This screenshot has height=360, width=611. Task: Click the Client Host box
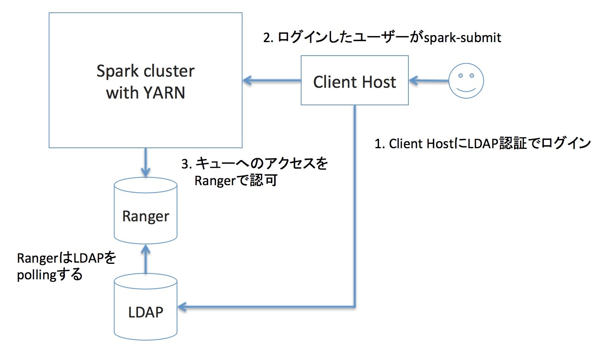coord(354,81)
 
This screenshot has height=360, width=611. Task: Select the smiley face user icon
coord(466,81)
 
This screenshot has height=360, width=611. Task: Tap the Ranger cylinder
coord(145,211)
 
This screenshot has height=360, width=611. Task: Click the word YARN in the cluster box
coord(164,93)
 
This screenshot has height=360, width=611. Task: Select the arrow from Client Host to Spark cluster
coord(272,81)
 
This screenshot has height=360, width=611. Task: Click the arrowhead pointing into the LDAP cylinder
coord(182,307)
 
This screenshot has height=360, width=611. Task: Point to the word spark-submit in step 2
coord(462,38)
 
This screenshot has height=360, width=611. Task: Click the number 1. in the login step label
coord(379,144)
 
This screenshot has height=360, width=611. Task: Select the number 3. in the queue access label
coord(186,164)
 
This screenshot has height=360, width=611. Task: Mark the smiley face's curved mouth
coord(466,90)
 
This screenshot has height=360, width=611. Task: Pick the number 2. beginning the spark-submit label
coord(268,38)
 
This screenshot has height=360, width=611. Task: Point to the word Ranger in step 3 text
coord(215,181)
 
